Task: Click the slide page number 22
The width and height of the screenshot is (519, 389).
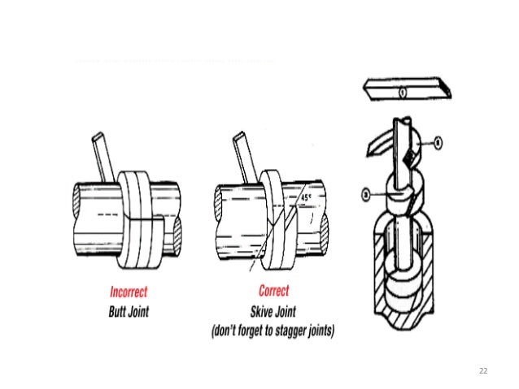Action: (483, 370)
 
